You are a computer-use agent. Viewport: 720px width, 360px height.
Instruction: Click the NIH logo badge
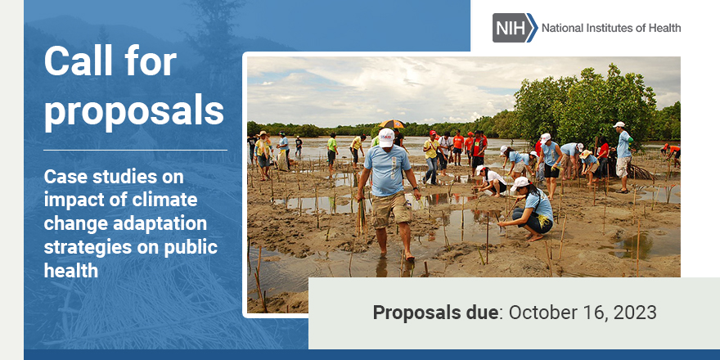pos(515,28)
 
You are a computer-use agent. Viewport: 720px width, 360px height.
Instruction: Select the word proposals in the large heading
pos(134,110)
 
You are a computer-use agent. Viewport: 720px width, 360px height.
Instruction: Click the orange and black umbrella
pos(392,125)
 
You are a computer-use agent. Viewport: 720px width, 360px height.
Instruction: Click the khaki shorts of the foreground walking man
pos(390,209)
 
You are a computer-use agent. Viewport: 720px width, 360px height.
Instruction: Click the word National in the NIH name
pos(564,29)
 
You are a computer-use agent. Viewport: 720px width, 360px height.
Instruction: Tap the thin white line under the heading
pos(136,151)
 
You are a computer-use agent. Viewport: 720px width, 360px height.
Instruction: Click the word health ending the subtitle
pos(71,270)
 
